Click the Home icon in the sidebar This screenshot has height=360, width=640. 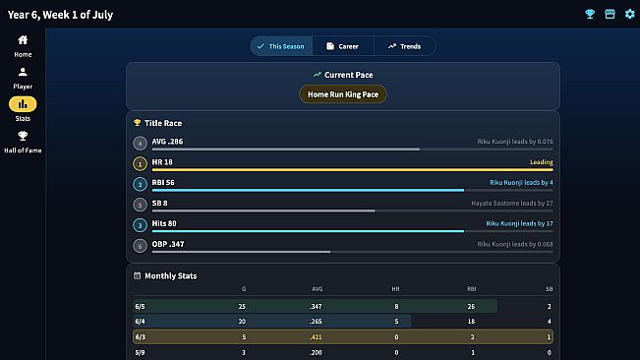click(x=23, y=40)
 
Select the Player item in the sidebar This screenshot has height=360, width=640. click(x=23, y=78)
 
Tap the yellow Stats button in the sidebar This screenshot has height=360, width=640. click(x=23, y=104)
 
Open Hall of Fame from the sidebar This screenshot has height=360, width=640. click(x=23, y=142)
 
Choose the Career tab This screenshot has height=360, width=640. click(x=343, y=46)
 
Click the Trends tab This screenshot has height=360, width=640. click(x=404, y=46)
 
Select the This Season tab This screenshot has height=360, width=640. click(x=281, y=46)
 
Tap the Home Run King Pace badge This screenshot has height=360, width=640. click(x=343, y=94)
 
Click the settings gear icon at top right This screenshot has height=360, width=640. click(x=630, y=14)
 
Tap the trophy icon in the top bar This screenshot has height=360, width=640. click(x=590, y=14)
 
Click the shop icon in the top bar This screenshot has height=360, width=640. click(x=610, y=14)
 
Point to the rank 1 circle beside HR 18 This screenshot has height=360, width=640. click(x=140, y=164)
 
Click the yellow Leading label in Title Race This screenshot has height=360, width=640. click(x=542, y=162)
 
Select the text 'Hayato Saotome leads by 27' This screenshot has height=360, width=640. click(x=512, y=203)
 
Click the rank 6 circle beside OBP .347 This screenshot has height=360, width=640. click(x=140, y=246)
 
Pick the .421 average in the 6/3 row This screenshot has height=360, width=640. click(x=316, y=337)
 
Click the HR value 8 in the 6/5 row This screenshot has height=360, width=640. click(x=396, y=306)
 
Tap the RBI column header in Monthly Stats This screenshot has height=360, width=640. click(x=472, y=289)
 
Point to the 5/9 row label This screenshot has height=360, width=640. click(x=140, y=353)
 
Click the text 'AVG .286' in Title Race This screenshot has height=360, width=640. click(x=167, y=142)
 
